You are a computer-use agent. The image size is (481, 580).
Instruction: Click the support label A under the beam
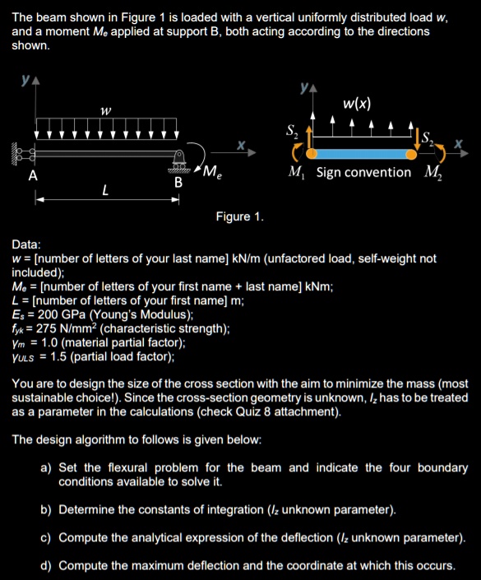click(33, 175)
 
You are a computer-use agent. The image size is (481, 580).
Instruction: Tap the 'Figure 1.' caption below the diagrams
click(239, 216)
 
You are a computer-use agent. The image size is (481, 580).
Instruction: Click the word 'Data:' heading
click(28, 244)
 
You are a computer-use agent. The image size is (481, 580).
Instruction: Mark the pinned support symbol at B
click(178, 160)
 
